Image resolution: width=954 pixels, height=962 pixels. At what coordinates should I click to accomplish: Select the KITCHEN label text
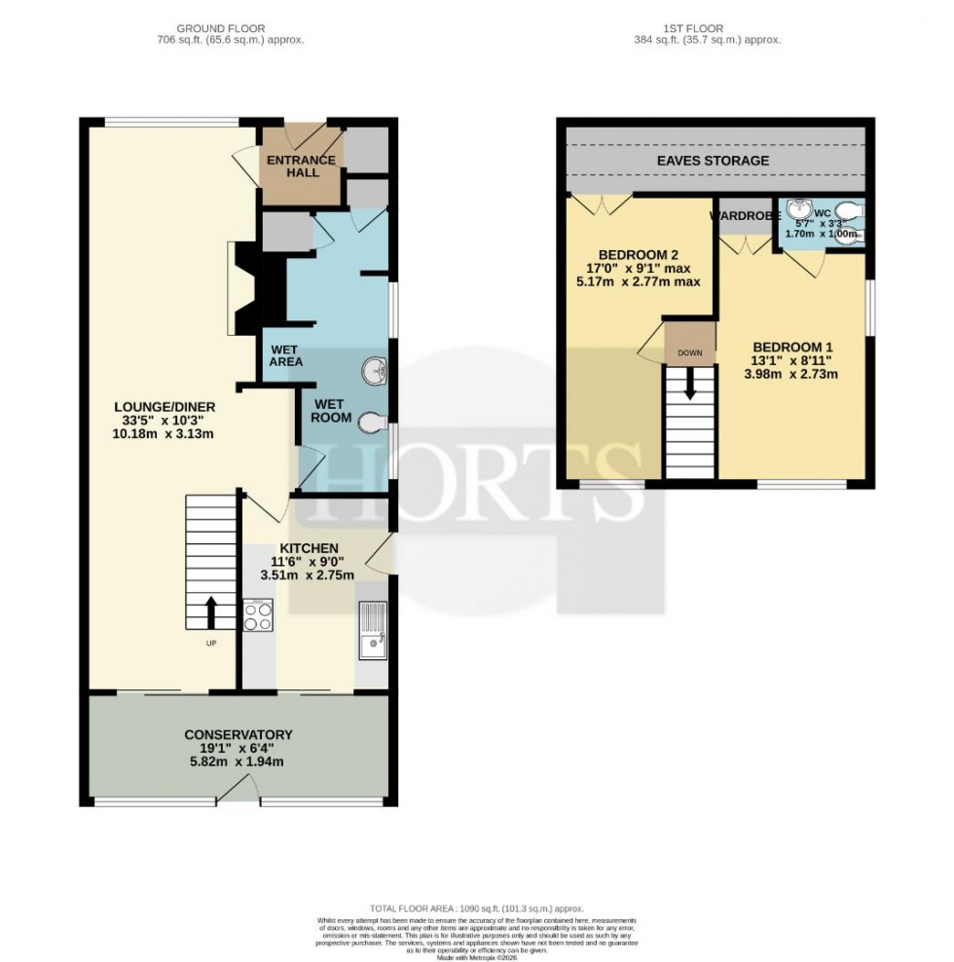click(x=310, y=548)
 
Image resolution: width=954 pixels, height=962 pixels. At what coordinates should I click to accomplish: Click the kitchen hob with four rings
click(x=258, y=616)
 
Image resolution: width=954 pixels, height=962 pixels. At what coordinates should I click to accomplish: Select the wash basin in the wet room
click(x=375, y=371)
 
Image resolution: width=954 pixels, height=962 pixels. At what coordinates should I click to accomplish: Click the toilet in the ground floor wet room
click(x=373, y=423)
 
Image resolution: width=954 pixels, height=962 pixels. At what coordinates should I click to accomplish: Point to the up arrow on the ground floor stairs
click(x=210, y=612)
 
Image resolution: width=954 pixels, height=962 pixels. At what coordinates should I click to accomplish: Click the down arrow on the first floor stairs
click(x=690, y=385)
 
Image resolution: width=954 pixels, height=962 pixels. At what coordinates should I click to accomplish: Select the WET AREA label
click(x=286, y=354)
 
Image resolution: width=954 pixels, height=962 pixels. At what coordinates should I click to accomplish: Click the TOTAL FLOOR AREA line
click(x=477, y=907)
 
